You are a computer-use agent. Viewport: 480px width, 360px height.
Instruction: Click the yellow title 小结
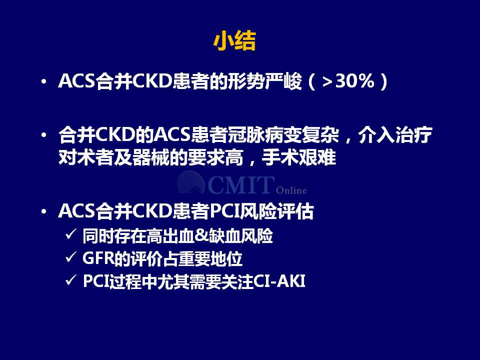pyautogui.click(x=234, y=41)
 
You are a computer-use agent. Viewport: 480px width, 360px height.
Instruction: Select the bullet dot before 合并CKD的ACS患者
pyautogui.click(x=44, y=134)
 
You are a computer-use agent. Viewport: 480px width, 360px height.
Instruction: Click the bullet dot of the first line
pyautogui.click(x=44, y=81)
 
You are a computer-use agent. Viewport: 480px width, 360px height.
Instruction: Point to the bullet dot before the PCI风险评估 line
pyautogui.click(x=44, y=211)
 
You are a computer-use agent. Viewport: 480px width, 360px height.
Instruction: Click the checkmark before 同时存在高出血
pyautogui.click(x=70, y=234)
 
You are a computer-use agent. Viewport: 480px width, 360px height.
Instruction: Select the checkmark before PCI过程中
pyautogui.click(x=70, y=280)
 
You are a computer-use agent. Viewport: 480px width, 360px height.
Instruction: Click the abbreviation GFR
pyautogui.click(x=98, y=258)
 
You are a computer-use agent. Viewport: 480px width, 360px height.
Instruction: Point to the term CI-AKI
pyautogui.click(x=279, y=281)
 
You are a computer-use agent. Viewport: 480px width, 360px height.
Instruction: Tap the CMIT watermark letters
pyautogui.click(x=240, y=185)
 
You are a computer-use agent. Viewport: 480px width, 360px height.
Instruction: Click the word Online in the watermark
pyautogui.click(x=291, y=190)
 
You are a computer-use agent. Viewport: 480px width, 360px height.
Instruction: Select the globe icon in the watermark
pyautogui.click(x=191, y=182)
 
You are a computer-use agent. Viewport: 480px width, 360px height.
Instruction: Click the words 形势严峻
pyautogui.click(x=265, y=81)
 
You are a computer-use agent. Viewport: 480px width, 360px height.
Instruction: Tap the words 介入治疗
pyautogui.click(x=395, y=134)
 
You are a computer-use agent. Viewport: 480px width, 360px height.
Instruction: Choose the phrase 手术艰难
pyautogui.click(x=299, y=157)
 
